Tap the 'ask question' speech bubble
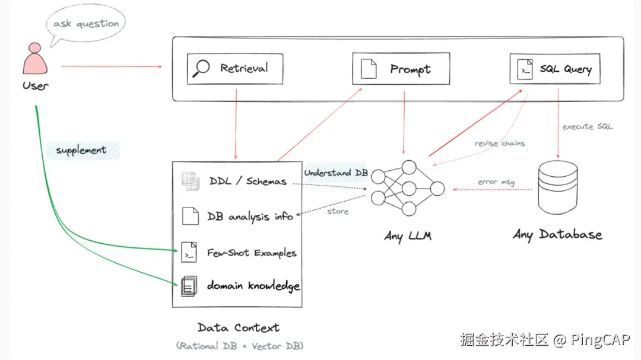86,24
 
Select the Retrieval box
235,69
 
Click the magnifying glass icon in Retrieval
202,68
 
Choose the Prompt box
401,69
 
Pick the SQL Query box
555,69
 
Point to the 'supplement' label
81,150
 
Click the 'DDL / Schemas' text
247,181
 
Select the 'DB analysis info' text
250,216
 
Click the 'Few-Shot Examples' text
252,253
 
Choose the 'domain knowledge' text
253,286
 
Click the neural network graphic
407,189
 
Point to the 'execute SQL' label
587,126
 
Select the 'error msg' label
496,181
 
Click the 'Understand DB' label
336,173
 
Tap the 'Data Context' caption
238,327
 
